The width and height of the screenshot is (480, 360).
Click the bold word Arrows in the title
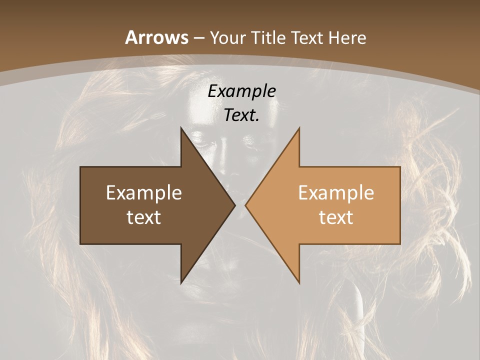156,37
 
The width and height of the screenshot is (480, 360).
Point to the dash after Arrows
198,38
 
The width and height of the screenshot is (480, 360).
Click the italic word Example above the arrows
241,91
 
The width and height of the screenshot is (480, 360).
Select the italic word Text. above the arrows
241,115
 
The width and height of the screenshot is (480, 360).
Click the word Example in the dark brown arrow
144,192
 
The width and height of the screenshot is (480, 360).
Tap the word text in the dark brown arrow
144,217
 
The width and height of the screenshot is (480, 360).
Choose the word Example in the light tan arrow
336,192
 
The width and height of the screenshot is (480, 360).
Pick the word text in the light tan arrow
336,217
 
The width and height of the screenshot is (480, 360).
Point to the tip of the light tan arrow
245,205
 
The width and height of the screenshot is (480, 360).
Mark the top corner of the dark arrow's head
181,128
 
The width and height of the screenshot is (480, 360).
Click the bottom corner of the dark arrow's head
181,283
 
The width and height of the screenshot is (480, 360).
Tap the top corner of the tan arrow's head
299,128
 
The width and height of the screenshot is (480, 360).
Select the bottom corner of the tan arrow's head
299,283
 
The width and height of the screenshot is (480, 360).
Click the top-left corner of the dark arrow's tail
80,167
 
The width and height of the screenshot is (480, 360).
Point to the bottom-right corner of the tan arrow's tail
400,244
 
